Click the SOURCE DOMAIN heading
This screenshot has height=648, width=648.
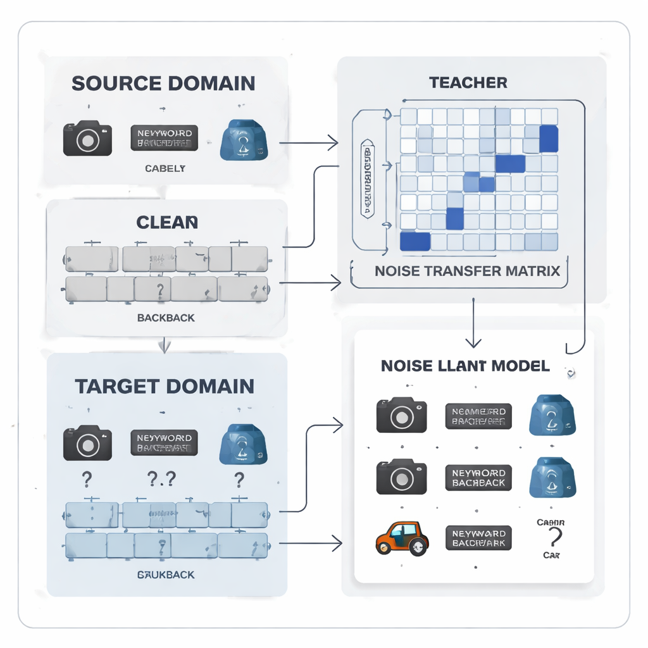pos(163,83)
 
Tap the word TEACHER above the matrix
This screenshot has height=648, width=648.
pos(468,82)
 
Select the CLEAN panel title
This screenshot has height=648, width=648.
pos(167,222)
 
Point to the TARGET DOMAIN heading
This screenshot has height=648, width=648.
pos(165,386)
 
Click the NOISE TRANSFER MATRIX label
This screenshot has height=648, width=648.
pos(467,271)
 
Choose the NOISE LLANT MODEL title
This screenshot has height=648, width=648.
pos(465,366)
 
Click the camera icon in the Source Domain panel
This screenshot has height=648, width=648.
pos(87,138)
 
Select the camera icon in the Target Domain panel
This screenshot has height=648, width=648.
pos(87,443)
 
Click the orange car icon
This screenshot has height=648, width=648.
pos(402,539)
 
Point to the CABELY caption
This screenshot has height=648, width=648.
pos(165,168)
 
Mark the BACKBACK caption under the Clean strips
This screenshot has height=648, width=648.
pos(166,317)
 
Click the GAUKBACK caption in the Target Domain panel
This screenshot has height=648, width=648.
pos(166,575)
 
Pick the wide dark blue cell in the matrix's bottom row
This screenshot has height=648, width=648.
pos(415,242)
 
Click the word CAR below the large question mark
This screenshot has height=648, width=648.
pos(551,555)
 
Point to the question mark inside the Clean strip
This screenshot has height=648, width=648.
pos(159,290)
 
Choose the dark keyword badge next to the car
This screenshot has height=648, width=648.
pos(478,537)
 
